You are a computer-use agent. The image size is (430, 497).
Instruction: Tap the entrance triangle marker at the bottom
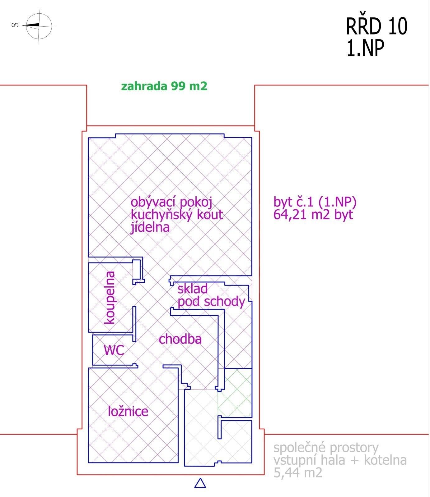[x=200, y=483]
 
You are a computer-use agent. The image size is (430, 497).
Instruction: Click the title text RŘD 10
[x=376, y=27]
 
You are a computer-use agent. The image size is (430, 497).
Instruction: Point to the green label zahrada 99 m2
[x=164, y=86]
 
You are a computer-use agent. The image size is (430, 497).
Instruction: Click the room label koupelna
[x=110, y=298]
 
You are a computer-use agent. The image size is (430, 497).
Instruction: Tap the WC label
[x=114, y=350]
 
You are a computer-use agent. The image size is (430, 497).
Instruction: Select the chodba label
[x=180, y=339]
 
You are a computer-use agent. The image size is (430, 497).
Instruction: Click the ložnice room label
[x=128, y=411]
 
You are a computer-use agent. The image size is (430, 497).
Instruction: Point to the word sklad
[x=193, y=289]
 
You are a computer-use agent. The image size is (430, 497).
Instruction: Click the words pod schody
[x=212, y=302]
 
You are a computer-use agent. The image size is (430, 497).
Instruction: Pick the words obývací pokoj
[x=171, y=203]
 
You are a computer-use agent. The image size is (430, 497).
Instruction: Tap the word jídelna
[x=150, y=227]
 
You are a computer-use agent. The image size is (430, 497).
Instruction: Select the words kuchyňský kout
[x=177, y=215]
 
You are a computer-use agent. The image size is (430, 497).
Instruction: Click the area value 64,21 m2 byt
[x=313, y=215]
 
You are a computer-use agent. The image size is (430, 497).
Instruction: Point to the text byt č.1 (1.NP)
[x=315, y=202]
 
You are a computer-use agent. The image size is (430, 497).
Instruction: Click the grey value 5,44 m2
[x=298, y=473]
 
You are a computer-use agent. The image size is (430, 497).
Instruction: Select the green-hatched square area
[x=235, y=393]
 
